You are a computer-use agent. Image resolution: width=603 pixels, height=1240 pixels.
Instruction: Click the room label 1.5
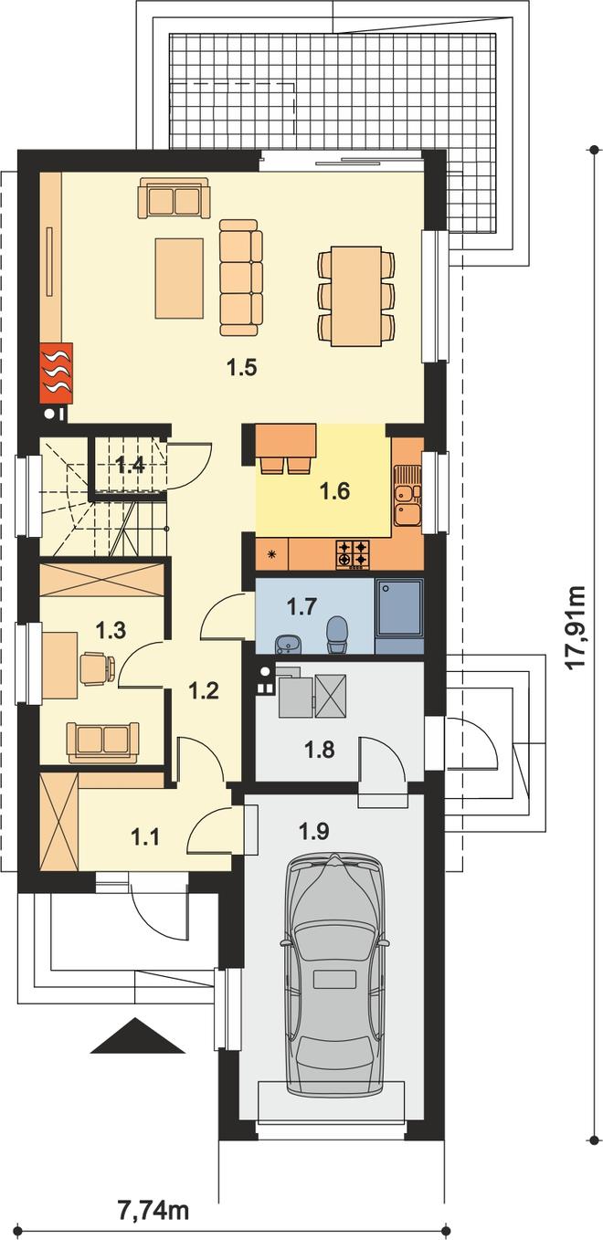(x=242, y=366)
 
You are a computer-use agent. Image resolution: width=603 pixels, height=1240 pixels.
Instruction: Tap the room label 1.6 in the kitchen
(x=335, y=490)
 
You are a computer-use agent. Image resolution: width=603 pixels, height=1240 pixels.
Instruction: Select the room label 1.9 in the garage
(x=314, y=830)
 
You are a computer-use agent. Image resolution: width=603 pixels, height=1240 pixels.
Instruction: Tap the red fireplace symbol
(x=56, y=372)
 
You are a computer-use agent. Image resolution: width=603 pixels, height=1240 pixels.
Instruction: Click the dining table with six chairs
(x=356, y=296)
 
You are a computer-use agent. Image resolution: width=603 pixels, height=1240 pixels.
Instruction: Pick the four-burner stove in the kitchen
(x=352, y=554)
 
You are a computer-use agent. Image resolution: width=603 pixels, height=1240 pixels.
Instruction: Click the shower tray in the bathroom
(x=398, y=608)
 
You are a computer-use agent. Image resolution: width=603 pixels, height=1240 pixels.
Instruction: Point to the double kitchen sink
(x=407, y=494)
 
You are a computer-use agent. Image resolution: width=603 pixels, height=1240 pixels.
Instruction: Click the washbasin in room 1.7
(x=288, y=644)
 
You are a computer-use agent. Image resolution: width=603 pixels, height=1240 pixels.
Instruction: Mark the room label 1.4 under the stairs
(x=131, y=465)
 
